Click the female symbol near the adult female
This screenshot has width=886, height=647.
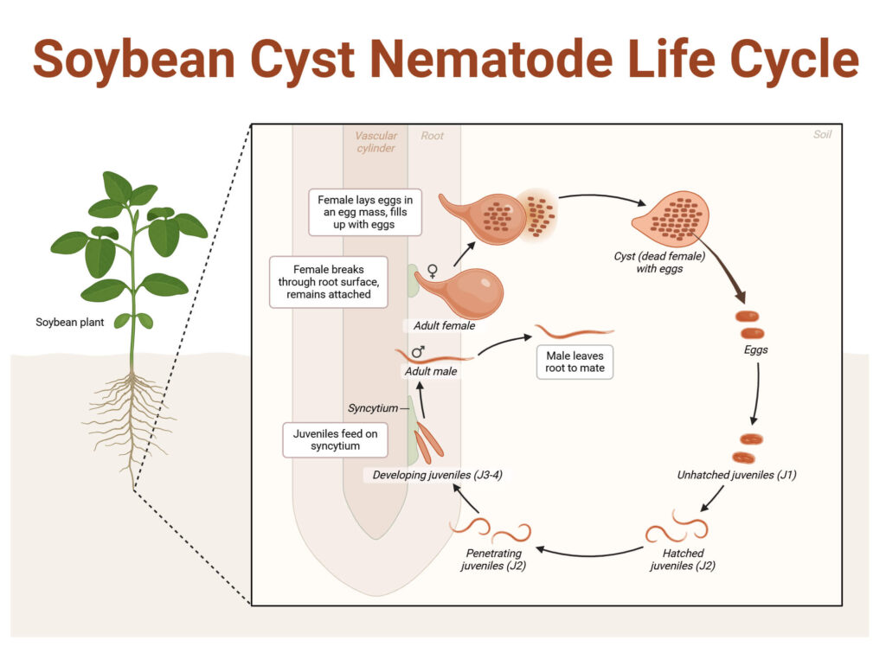433,270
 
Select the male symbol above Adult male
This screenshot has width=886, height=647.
418,352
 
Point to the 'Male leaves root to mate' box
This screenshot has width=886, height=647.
575,362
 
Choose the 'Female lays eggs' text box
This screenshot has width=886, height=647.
364,214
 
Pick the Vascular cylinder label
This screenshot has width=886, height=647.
376,142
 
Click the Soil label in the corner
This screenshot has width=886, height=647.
822,135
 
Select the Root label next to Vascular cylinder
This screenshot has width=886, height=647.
432,136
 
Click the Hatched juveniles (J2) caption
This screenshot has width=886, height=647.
682,560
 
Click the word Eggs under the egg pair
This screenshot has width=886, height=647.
755,350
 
